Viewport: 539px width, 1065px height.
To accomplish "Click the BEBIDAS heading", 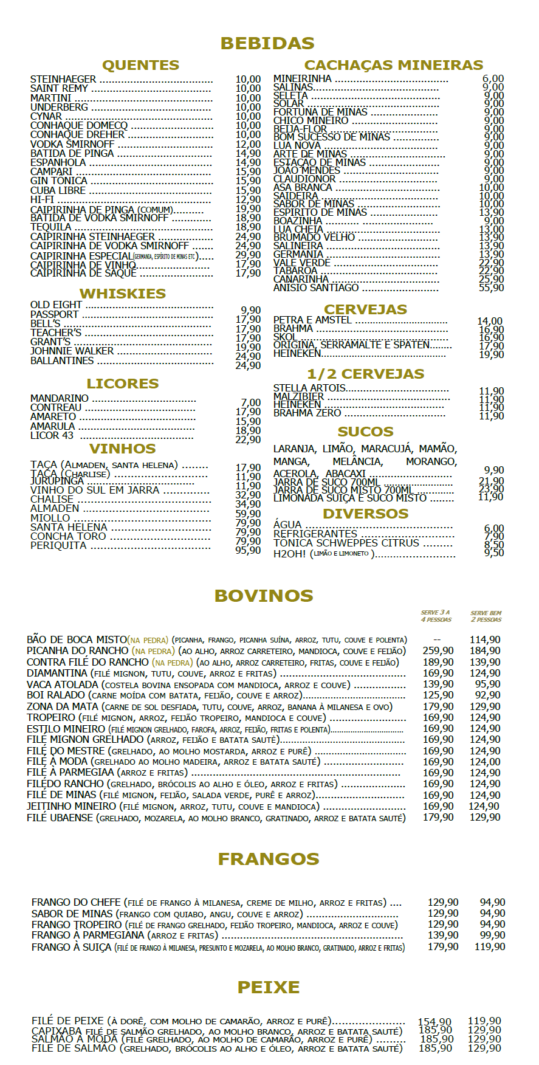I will (267, 43).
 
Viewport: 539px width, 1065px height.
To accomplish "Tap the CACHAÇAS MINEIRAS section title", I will (394, 65).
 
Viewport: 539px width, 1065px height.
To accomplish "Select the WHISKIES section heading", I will (123, 294).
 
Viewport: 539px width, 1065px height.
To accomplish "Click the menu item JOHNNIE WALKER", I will (72, 351).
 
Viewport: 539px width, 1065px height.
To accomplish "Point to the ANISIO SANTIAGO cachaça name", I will (316, 288).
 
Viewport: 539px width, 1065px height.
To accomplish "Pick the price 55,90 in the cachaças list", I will (491, 288).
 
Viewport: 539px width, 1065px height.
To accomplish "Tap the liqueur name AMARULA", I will (53, 426).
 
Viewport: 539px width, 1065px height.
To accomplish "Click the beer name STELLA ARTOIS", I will (309, 388).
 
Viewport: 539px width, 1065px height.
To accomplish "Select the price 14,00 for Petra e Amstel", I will (490, 321).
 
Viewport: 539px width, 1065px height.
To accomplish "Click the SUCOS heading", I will (365, 432).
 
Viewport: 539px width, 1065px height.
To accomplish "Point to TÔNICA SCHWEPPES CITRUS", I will (346, 543).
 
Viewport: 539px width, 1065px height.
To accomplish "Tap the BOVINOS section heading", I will (264, 596).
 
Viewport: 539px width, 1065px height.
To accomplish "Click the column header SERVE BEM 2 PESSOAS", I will (486, 616).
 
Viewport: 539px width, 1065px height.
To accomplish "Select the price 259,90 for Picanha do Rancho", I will (438, 650).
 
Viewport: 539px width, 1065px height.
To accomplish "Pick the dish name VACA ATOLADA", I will (62, 684).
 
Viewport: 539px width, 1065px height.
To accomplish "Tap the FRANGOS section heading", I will (269, 859).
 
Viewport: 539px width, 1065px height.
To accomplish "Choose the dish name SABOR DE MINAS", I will (72, 914).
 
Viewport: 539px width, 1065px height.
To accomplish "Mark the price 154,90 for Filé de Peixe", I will (434, 1022).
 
